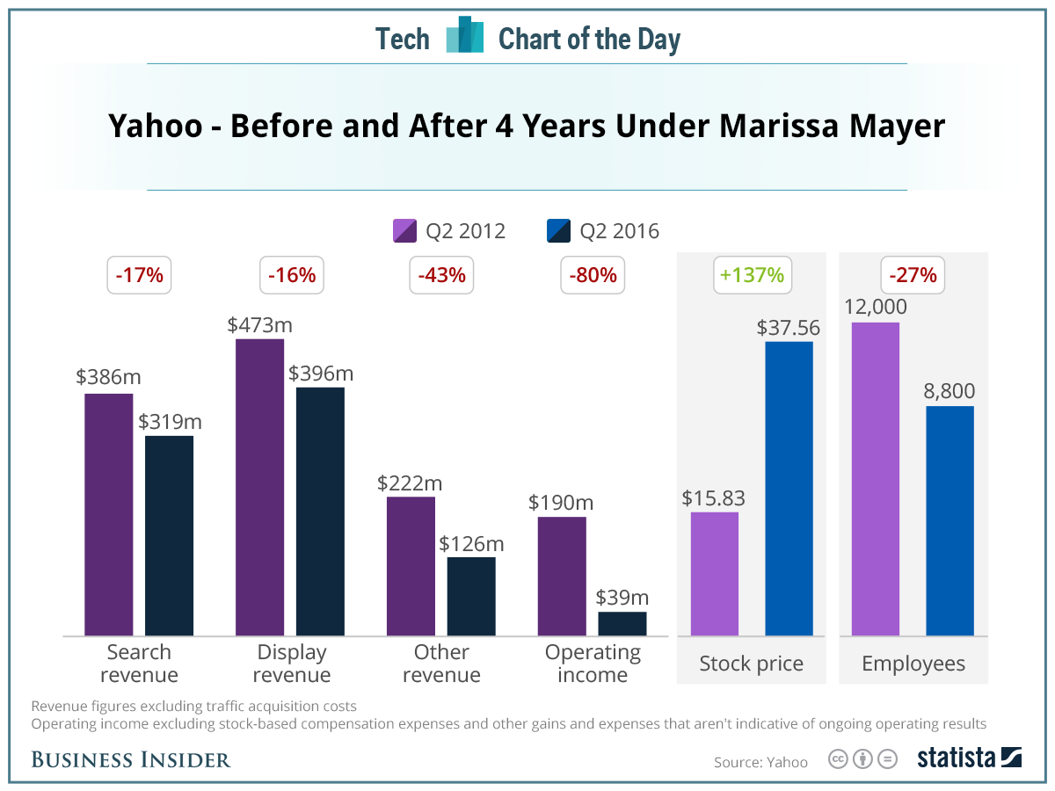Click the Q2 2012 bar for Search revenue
pos(108,514)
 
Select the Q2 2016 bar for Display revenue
pos(320,511)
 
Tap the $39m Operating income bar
pos(622,623)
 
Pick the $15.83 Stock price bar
pos(714,573)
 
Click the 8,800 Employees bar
pos(949,520)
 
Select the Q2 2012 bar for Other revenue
pos(411,566)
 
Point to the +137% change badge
pos(751,275)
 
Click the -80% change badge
pos(593,275)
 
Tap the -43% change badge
pos(441,275)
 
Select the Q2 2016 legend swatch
pos(558,231)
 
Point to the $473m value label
pos(259,324)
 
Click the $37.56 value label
pos(788,328)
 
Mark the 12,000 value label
pos(876,308)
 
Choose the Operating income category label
pos(593,664)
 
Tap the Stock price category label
pos(751,664)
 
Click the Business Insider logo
pos(130,759)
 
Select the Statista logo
pos(969,758)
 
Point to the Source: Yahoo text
pos(760,762)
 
